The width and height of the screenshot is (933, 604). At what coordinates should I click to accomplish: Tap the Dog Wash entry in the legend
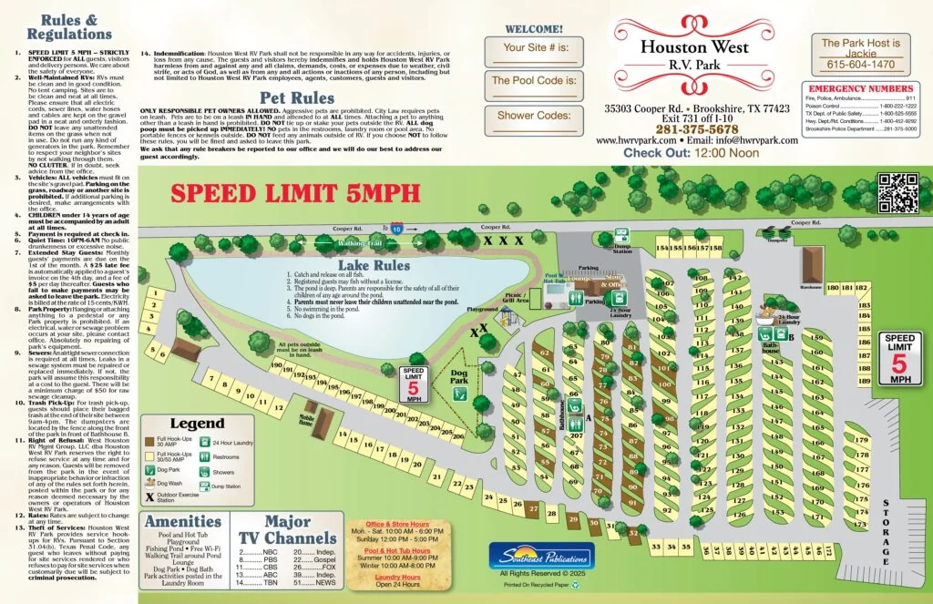tap(170, 483)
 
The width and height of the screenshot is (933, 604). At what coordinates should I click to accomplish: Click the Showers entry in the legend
tap(224, 472)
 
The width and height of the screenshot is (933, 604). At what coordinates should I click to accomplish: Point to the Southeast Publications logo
tap(541, 555)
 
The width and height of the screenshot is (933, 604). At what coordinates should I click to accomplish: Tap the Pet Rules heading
tap(296, 97)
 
